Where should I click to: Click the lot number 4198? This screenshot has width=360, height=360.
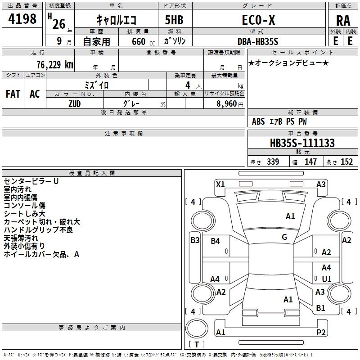pos(22,19)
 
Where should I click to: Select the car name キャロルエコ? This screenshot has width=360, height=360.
pos(119,19)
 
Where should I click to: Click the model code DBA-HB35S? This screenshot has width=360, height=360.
pos(258,41)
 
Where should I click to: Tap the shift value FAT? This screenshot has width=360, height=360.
pos(13,94)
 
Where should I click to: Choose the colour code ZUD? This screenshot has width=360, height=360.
pos(74,103)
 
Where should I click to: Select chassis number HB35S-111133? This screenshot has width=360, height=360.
pos(302,143)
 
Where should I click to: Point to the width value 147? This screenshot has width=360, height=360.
pos(311,162)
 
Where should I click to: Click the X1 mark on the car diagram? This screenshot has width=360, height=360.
pos(220,184)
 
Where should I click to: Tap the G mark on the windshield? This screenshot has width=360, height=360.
pos(284,237)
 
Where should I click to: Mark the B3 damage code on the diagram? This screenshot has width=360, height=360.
pos(195,240)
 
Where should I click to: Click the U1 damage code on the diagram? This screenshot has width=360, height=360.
pos(327,279)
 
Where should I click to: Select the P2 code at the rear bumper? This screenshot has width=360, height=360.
pos(321,333)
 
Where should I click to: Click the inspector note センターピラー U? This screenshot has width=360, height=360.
pos(31,181)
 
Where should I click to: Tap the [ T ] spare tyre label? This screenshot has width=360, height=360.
pos(197,345)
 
